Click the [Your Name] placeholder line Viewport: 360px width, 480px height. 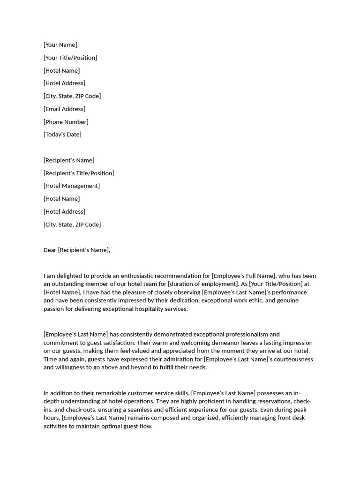tap(60, 45)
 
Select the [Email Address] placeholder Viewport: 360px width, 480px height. tap(64, 109)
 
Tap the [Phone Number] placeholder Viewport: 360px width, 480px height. tap(66, 122)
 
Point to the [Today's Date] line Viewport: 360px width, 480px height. tap(62, 135)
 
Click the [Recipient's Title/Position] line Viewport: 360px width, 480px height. tap(79, 173)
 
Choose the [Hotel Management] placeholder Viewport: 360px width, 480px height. tap(71, 186)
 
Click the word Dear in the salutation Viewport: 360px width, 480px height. tap(50, 250)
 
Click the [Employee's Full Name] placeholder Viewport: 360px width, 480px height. tap(244, 276)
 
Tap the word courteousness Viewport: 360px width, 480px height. tap(290, 360)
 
